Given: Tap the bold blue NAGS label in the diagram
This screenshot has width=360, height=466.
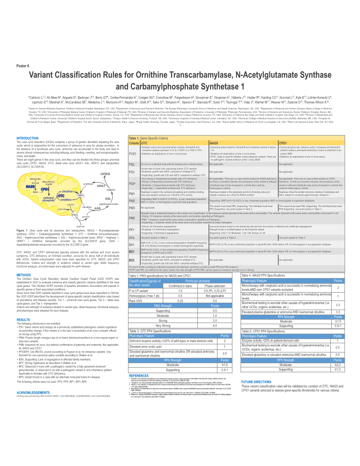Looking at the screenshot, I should click(x=31, y=187).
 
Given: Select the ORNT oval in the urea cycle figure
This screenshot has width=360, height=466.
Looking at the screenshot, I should click(x=69, y=195).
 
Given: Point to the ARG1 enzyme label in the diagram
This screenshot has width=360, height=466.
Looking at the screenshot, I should click(x=101, y=186).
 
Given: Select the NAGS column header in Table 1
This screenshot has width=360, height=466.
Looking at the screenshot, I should click(x=214, y=143).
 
